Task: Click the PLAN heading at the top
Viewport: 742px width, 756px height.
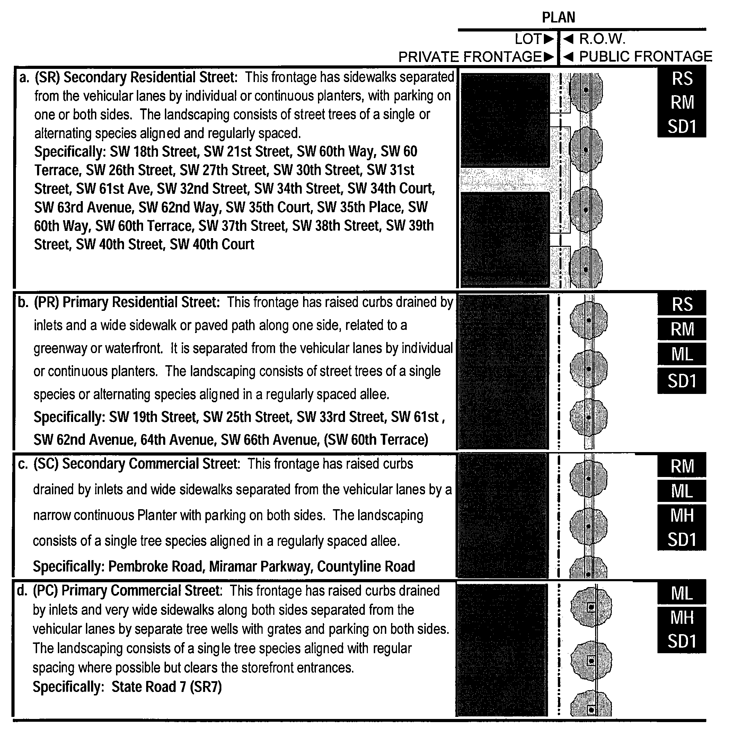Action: pyautogui.click(x=558, y=18)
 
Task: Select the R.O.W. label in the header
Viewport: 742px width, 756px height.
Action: pyautogui.click(x=602, y=39)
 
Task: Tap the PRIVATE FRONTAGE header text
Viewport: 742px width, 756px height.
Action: pyautogui.click(x=470, y=57)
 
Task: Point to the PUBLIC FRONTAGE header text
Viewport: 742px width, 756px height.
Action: pyautogui.click(x=645, y=56)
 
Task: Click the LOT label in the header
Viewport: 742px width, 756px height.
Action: pyautogui.click(x=528, y=39)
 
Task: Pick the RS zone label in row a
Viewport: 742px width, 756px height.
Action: pyautogui.click(x=682, y=79)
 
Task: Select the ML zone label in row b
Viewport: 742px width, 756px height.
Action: pyautogui.click(x=682, y=354)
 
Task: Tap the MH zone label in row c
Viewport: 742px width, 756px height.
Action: pyautogui.click(x=682, y=516)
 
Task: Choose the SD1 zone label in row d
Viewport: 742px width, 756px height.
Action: pyautogui.click(x=682, y=641)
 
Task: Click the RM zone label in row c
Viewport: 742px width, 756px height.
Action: pyautogui.click(x=682, y=466)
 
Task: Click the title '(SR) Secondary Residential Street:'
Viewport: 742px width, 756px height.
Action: pyautogui.click(x=136, y=77)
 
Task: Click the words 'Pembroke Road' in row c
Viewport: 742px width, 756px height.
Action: pyautogui.click(x=156, y=566)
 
